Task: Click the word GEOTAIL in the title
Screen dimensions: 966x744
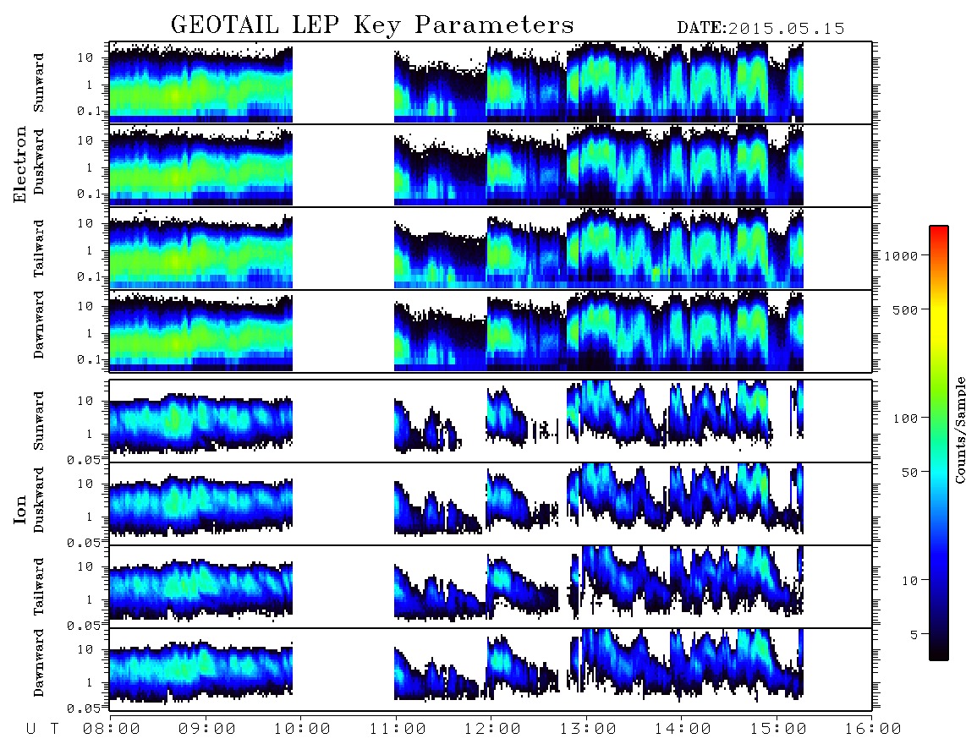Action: (225, 25)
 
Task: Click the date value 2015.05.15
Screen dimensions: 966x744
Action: (786, 29)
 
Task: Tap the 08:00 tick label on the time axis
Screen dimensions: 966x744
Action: (112, 730)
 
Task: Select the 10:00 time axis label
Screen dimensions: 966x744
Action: (302, 730)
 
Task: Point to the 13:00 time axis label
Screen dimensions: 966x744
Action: (588, 730)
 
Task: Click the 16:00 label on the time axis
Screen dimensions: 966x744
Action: (873, 730)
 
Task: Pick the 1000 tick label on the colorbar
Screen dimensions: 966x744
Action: (902, 256)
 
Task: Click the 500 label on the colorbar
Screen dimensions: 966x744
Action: (906, 309)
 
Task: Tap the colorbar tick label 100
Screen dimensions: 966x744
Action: (906, 418)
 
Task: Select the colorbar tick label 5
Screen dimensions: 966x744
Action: (914, 635)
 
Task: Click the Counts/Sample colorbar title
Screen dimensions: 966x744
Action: (959, 429)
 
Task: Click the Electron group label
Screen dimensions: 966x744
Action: (20, 165)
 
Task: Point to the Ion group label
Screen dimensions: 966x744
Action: (20, 510)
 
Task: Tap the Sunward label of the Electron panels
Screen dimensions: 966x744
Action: (39, 83)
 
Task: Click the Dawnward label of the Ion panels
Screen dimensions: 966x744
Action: (39, 663)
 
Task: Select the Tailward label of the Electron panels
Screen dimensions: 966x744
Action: (39, 249)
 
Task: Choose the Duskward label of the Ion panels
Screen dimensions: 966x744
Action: (39, 501)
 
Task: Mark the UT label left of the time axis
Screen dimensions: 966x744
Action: (42, 730)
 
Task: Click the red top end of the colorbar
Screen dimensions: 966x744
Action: (938, 228)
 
